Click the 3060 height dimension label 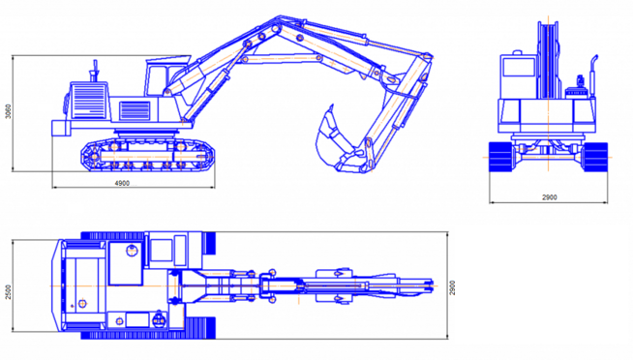(8, 111)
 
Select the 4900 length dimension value (122, 183)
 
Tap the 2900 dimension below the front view (549, 197)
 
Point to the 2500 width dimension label (8, 292)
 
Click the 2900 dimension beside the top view (453, 287)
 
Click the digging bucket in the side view (335, 141)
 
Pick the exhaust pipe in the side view (95, 71)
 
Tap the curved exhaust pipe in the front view (593, 75)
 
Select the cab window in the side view (158, 80)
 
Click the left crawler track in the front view (501, 157)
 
